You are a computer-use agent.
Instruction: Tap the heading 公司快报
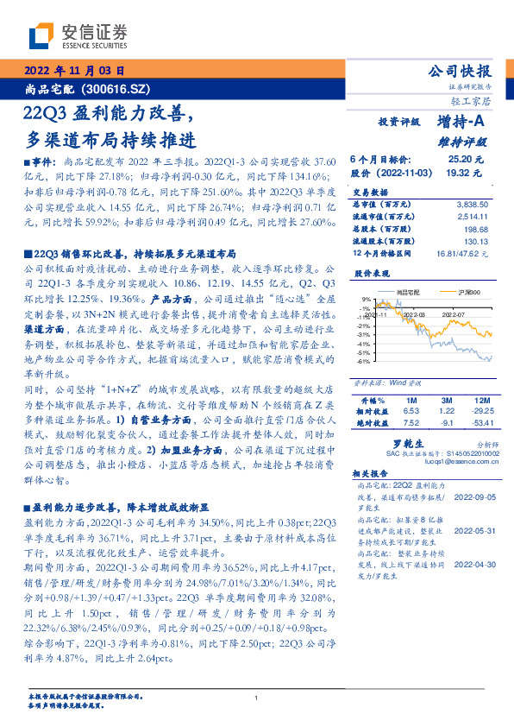pyautogui.click(x=461, y=71)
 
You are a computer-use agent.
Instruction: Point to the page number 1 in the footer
pyautogui.click(x=257, y=699)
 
